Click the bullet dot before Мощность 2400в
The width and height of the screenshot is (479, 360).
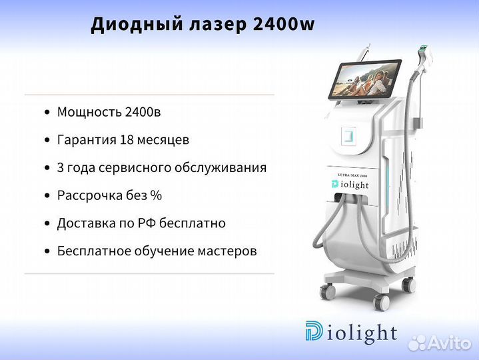tap(46, 113)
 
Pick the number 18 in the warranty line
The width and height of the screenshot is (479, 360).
tap(128, 140)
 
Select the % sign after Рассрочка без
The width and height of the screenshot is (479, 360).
tap(156, 195)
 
